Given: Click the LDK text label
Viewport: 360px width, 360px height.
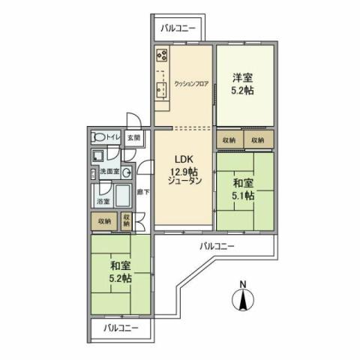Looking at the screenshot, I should tap(184, 159).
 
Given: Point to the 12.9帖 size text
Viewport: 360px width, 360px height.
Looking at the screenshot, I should tap(184, 170).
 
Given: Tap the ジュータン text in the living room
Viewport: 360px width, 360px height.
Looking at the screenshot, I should tap(184, 181).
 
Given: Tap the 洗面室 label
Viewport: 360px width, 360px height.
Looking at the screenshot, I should tap(112, 172).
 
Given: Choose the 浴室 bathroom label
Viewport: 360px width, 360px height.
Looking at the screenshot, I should tap(102, 202).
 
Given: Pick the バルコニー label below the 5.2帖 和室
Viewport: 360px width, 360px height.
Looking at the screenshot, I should tap(120, 328).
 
